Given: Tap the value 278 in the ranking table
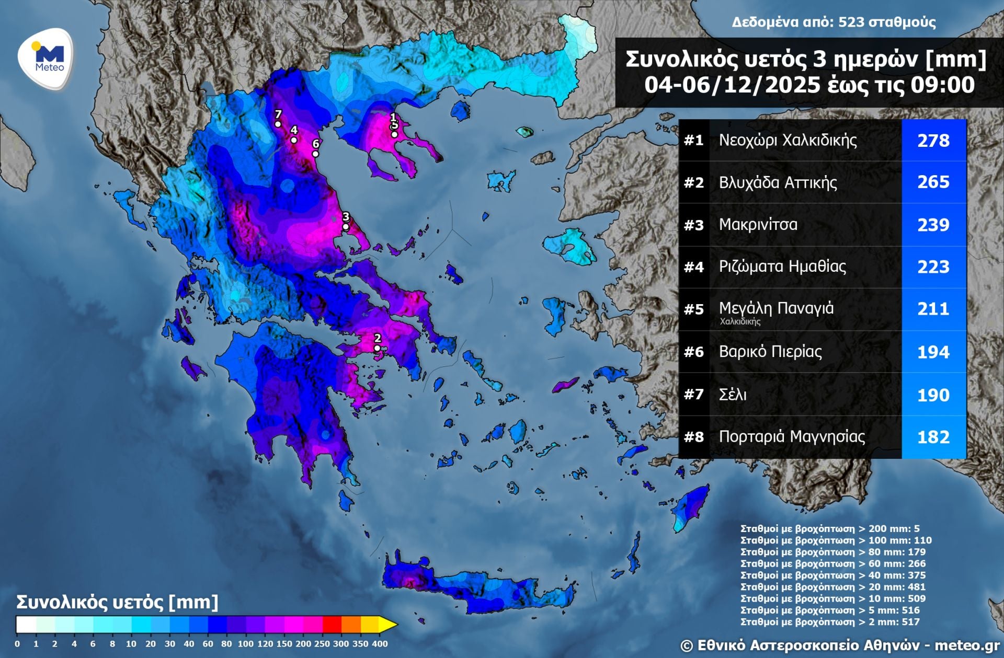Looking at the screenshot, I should coord(933,141).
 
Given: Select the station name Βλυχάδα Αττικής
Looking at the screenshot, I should coord(778,182).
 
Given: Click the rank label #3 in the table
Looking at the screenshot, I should coord(693,225).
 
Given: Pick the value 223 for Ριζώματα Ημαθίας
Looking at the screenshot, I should coord(933,267).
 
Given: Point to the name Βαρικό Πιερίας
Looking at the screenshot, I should coord(770,352).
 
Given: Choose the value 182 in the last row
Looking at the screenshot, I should coord(933,437).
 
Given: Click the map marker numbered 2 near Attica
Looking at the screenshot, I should coord(377,348).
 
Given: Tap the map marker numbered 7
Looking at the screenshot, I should coord(278,124).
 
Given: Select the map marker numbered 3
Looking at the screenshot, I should coord(345,227).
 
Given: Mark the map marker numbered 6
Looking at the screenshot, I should coord(315,154).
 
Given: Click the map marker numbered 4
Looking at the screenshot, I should coord(294,140).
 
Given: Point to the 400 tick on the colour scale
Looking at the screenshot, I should coord(380,644).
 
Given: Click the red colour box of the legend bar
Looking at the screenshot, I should coord(332,625).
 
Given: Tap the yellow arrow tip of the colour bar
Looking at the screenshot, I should coord(389,625).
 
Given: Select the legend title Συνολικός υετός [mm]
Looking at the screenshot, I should coord(117,602).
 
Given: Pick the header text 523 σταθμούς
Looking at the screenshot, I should coord(887,22).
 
